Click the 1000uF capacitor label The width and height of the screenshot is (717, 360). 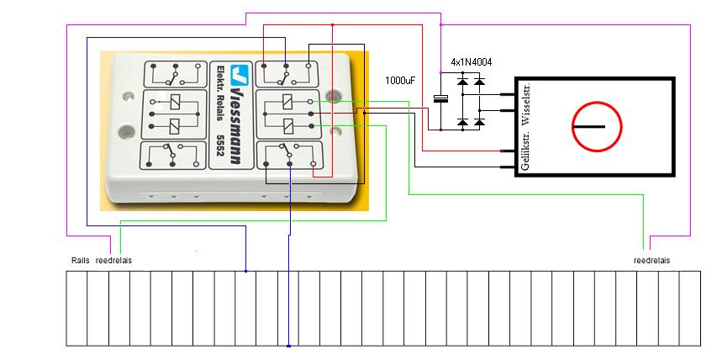click(x=401, y=81)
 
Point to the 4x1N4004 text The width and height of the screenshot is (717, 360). click(x=472, y=62)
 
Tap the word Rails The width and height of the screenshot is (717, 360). click(x=81, y=260)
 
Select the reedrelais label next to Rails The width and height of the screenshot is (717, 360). click(x=113, y=260)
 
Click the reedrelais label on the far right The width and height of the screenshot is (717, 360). click(x=651, y=260)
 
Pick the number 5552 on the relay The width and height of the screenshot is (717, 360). click(x=220, y=145)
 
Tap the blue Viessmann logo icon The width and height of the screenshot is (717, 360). click(x=240, y=75)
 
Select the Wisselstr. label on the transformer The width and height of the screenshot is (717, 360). click(x=525, y=104)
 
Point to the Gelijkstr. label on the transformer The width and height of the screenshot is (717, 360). click(x=525, y=150)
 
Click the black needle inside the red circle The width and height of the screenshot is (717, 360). click(x=589, y=126)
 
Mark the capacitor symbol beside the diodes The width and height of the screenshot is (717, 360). click(x=440, y=98)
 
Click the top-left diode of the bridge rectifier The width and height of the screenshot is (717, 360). click(x=463, y=82)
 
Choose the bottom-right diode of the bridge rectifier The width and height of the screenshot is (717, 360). click(x=479, y=122)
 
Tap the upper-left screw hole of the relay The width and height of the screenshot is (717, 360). click(x=127, y=97)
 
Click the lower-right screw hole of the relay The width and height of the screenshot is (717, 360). click(x=336, y=132)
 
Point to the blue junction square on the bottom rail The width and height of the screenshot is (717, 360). click(x=288, y=346)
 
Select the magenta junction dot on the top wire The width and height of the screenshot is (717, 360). click(x=440, y=24)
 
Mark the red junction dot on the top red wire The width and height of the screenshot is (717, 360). click(x=332, y=24)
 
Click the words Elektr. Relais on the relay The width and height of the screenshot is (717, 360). click(x=220, y=93)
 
